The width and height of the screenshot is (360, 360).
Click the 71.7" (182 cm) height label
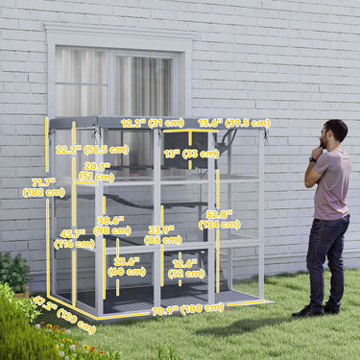42,186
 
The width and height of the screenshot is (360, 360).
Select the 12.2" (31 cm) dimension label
153,123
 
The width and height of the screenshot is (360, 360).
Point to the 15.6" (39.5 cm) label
233,123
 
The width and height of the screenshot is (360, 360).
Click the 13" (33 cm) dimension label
191,154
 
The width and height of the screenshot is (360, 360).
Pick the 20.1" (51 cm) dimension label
96,171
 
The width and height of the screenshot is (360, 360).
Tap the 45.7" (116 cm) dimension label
75,238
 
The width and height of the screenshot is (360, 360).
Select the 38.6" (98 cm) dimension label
113,225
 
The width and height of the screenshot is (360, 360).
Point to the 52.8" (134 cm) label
219,219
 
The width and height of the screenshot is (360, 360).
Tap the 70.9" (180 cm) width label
187,309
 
